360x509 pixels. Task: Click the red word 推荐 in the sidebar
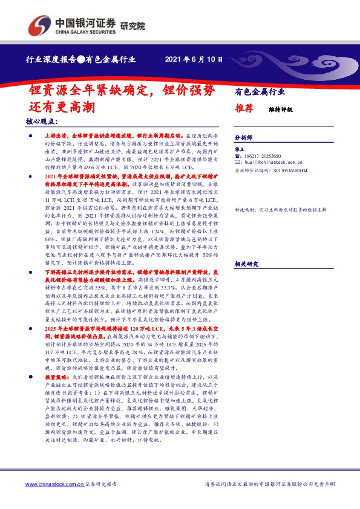click(244, 109)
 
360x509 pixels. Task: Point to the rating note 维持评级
click(280, 110)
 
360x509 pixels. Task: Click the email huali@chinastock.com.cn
click(273, 164)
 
